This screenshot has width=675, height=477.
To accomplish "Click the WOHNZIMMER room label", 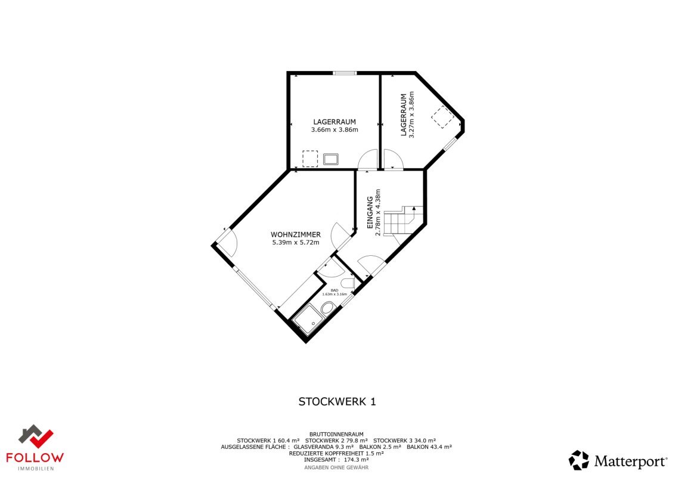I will (295, 234).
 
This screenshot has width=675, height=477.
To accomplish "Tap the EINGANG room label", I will (370, 213).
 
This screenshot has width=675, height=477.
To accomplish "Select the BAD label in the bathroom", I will (334, 290).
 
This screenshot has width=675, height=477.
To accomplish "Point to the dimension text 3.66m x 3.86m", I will (335, 129).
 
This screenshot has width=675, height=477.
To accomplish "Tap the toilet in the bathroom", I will (348, 283).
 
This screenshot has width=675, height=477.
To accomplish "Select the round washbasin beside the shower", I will (327, 308).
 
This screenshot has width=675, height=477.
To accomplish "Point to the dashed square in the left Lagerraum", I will (310, 159).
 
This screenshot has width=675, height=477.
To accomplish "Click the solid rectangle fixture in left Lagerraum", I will (331, 159).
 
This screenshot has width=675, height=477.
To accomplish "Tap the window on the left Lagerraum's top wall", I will (345, 73).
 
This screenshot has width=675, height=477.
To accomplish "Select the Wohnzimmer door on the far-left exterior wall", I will (227, 240).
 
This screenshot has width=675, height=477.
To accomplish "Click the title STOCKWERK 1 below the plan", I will (337, 402).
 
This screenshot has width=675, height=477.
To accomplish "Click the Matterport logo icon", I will (578, 460).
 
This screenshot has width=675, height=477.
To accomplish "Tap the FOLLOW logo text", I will (35, 458).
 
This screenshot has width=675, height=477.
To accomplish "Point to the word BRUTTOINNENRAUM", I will (336, 434).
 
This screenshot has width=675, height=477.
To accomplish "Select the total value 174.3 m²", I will (357, 460).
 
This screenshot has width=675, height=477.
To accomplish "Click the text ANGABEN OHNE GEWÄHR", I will (336, 467).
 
